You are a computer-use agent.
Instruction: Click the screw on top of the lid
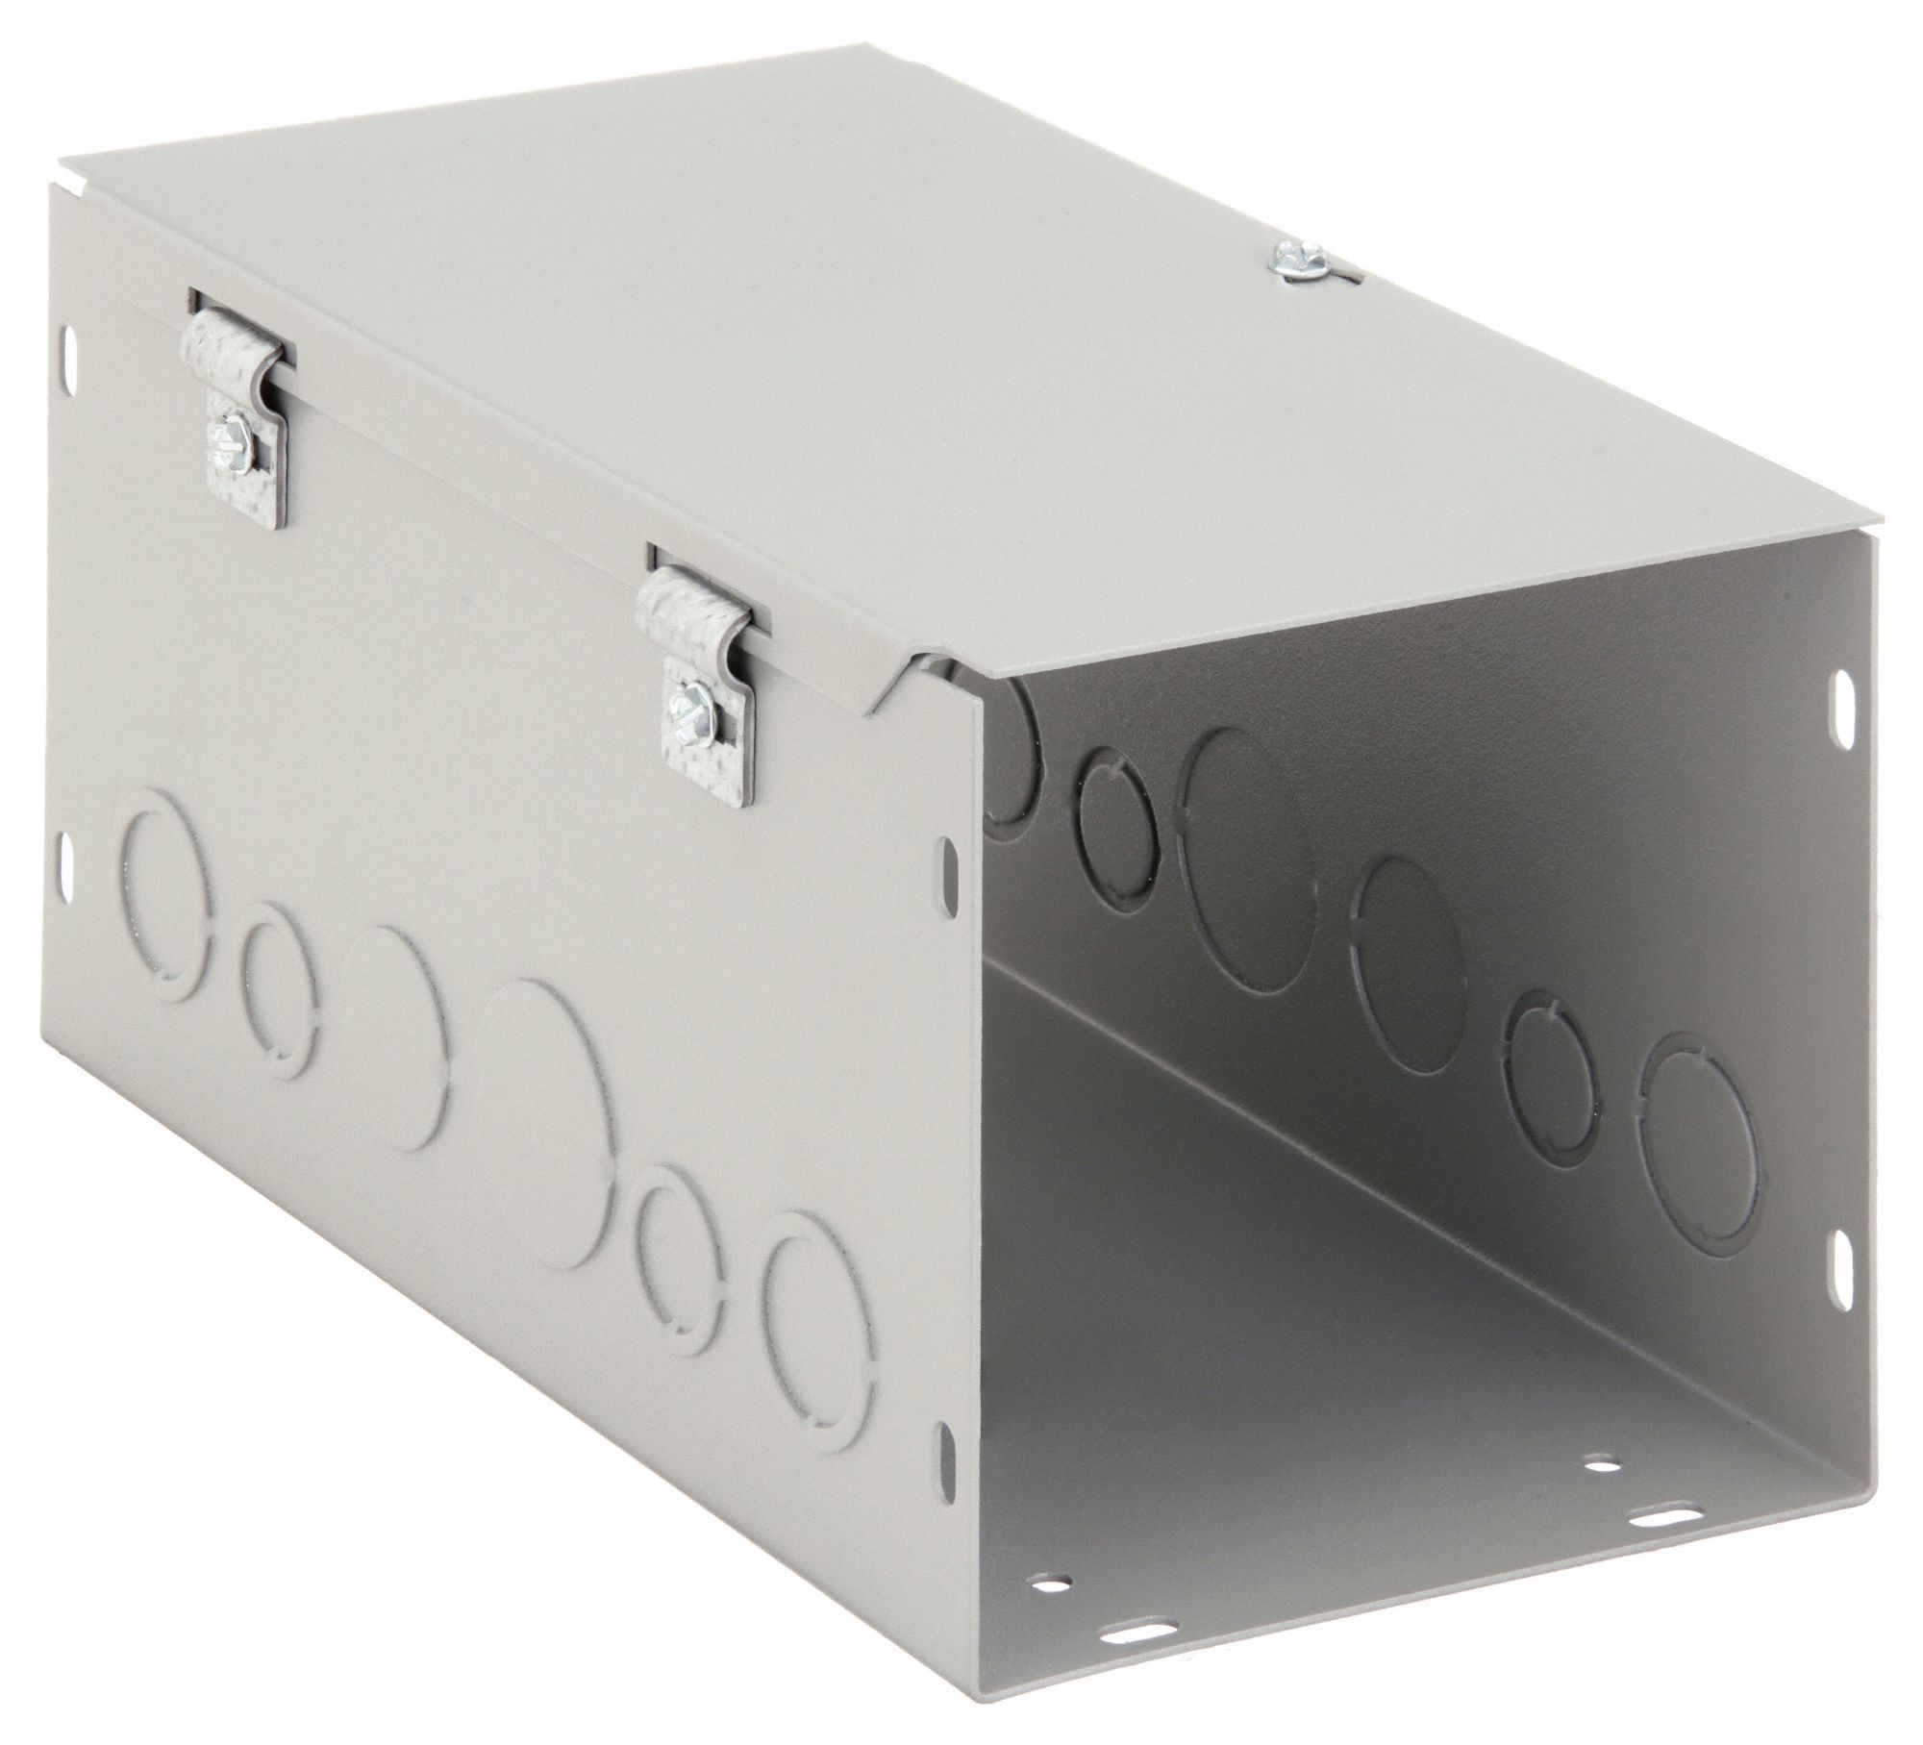1286,260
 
